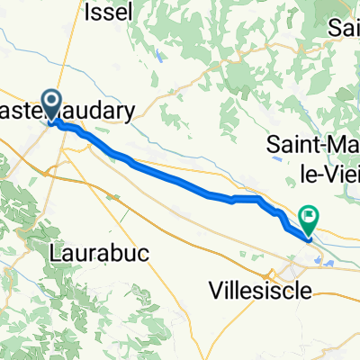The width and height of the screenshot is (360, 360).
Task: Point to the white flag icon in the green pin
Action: (x=310, y=214)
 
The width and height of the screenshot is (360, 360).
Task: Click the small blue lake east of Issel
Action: (x=159, y=54)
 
